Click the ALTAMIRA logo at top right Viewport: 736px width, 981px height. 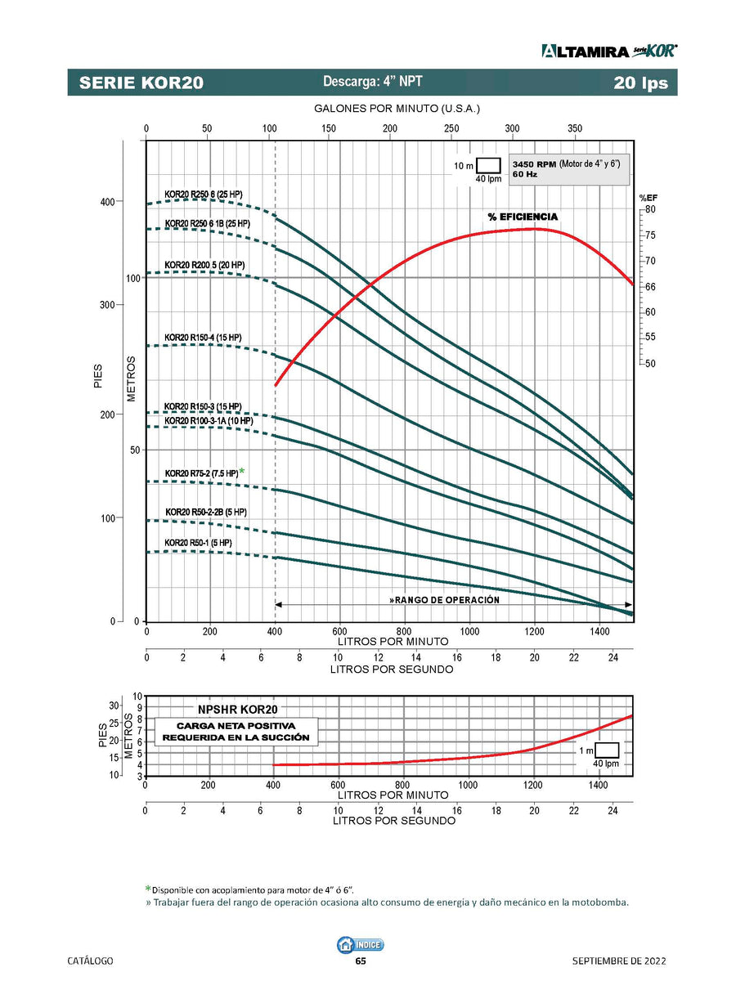pyautogui.click(x=608, y=51)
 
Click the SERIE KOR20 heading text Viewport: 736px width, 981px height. pyautogui.click(x=141, y=83)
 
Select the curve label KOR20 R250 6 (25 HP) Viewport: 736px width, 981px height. pyautogui.click(x=204, y=194)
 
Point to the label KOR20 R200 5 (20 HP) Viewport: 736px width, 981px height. pyautogui.click(x=204, y=265)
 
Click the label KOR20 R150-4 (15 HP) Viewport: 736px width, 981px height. pyautogui.click(x=203, y=337)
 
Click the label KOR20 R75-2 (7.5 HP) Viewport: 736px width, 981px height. pyautogui.click(x=201, y=473)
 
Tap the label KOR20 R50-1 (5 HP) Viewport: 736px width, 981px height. pyautogui.click(x=198, y=543)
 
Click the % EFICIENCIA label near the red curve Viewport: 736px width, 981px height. pyautogui.click(x=523, y=217)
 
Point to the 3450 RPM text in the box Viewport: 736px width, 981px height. pyautogui.click(x=534, y=164)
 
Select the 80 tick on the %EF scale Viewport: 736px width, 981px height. pyautogui.click(x=649, y=209)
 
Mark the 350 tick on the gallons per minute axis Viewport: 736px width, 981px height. pyautogui.click(x=574, y=128)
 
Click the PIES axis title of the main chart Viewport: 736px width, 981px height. pyautogui.click(x=99, y=376)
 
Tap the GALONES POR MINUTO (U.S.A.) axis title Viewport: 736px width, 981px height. pyautogui.click(x=397, y=109)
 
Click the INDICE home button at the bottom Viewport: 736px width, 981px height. pyautogui.click(x=360, y=944)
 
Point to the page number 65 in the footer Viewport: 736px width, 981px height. pyautogui.click(x=361, y=961)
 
